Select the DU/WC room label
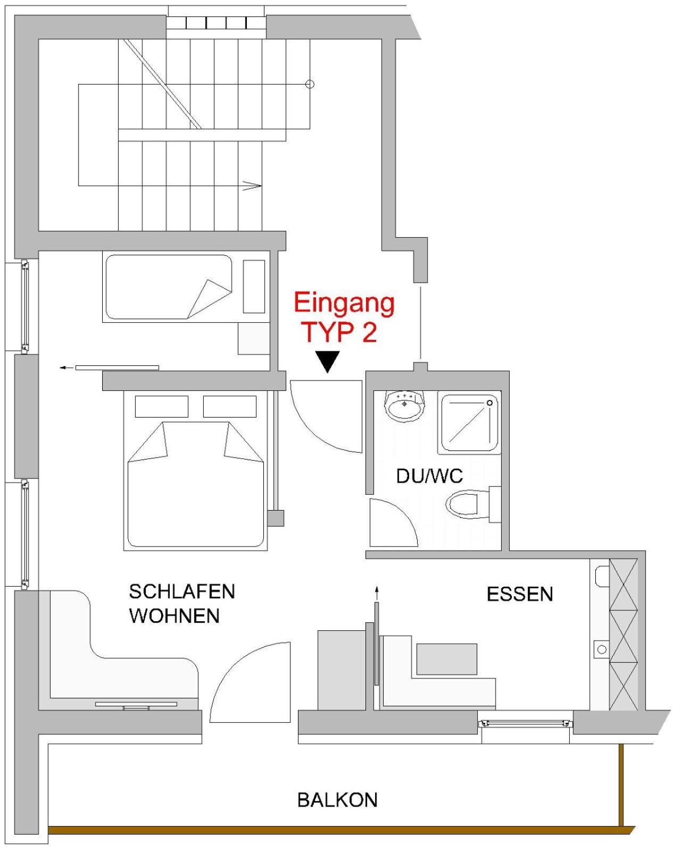pos(429,476)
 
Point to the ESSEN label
pos(520,594)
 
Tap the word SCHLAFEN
pos(182,591)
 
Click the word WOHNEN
pos(175,616)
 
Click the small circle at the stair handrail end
pos(311,84)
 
